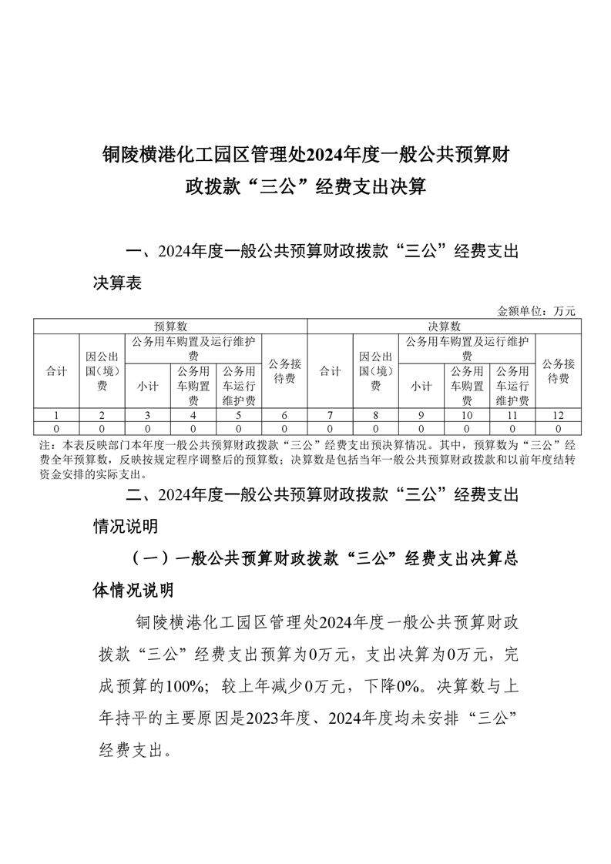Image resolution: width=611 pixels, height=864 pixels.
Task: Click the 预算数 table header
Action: (x=170, y=327)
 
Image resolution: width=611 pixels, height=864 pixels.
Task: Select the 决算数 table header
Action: (x=444, y=327)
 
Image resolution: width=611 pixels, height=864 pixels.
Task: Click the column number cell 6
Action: (x=284, y=415)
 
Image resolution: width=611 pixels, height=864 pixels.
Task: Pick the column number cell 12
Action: (x=558, y=415)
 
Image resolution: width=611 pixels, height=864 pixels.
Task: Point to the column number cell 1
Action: (x=56, y=415)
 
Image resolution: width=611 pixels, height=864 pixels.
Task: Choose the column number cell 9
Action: (x=421, y=415)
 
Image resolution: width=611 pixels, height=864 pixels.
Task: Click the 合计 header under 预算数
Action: (x=56, y=371)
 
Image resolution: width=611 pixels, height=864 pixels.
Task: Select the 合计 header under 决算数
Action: (x=331, y=371)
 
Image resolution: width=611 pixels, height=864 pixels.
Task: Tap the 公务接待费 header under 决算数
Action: (x=558, y=371)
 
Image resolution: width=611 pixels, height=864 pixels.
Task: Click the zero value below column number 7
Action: (x=331, y=427)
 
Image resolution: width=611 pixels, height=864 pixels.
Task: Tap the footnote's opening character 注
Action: (x=44, y=444)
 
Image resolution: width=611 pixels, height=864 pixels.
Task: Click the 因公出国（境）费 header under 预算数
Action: (x=102, y=371)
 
